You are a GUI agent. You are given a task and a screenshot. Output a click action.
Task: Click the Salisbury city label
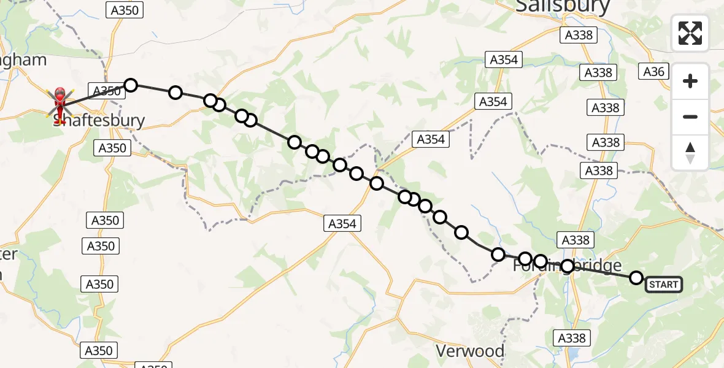pyautogui.click(x=563, y=6)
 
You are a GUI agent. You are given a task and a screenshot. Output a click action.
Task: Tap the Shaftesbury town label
pyautogui.click(x=99, y=120)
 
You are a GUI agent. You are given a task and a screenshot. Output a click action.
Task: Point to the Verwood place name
pyautogui.click(x=470, y=351)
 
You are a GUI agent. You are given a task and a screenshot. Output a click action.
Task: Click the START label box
pyautogui.click(x=663, y=284)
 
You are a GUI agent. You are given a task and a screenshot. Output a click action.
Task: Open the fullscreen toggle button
pyautogui.click(x=690, y=33)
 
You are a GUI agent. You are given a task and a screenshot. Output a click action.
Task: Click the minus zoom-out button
pyautogui.click(x=690, y=117)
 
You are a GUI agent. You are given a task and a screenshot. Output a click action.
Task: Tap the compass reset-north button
pyautogui.click(x=690, y=153)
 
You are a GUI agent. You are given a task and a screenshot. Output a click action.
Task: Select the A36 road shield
pyautogui.click(x=653, y=72)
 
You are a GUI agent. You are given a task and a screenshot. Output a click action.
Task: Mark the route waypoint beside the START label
pyautogui.click(x=636, y=278)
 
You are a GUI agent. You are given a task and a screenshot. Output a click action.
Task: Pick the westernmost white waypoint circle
pyautogui.click(x=130, y=85)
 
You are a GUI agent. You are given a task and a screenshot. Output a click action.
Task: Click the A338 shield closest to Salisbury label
pyautogui.click(x=579, y=35)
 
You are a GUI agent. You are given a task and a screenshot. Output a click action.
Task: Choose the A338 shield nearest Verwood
pyautogui.click(x=572, y=338)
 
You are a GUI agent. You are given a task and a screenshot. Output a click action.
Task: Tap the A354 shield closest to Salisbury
pyautogui.click(x=504, y=59)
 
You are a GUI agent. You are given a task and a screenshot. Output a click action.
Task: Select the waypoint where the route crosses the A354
pyautogui.click(x=377, y=183)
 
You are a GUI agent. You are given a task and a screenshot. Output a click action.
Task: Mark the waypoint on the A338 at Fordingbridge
pyautogui.click(x=568, y=266)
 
